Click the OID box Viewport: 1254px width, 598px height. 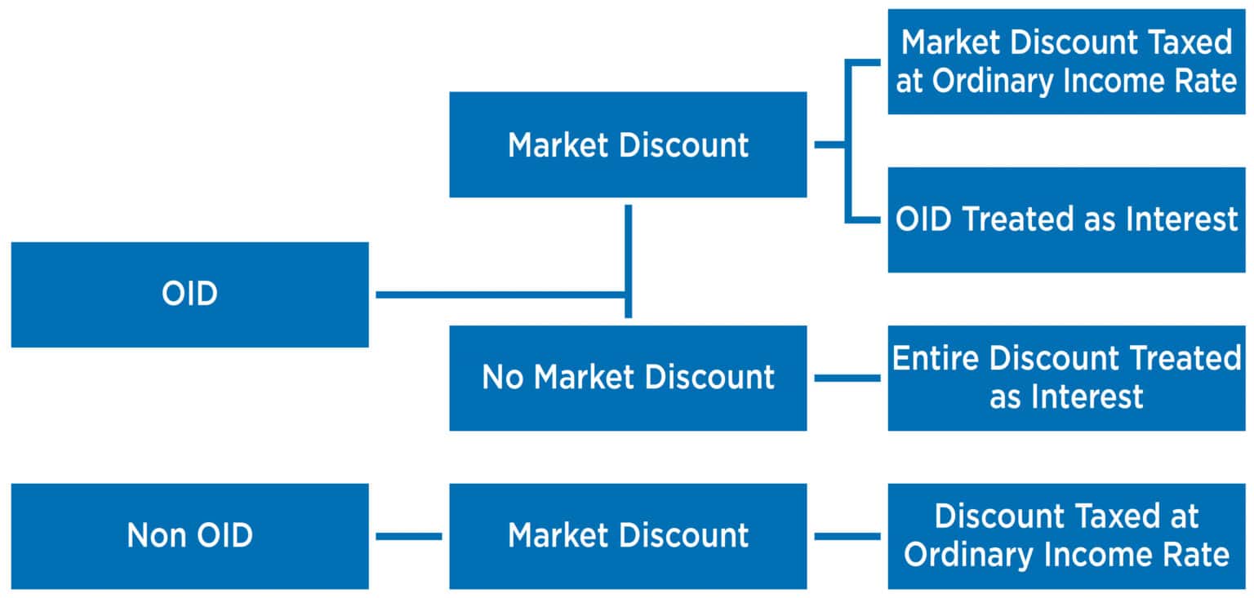click(x=189, y=295)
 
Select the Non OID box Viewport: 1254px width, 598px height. click(x=189, y=536)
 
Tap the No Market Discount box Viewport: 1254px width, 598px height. click(x=628, y=378)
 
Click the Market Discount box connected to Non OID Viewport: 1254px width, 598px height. click(x=628, y=536)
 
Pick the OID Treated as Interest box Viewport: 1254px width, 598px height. click(x=1066, y=219)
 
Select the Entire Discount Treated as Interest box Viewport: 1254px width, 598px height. click(x=1066, y=378)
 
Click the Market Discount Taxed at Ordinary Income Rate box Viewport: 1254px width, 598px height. click(x=1066, y=62)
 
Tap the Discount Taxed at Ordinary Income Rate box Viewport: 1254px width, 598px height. click(x=1066, y=536)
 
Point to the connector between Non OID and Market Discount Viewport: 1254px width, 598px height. click(x=408, y=536)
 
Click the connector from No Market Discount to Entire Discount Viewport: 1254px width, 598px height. click(x=847, y=378)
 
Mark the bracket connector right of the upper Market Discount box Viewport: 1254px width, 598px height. click(x=847, y=144)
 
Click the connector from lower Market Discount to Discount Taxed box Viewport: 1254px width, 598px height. click(x=847, y=536)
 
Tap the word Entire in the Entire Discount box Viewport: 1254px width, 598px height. click(x=939, y=359)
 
